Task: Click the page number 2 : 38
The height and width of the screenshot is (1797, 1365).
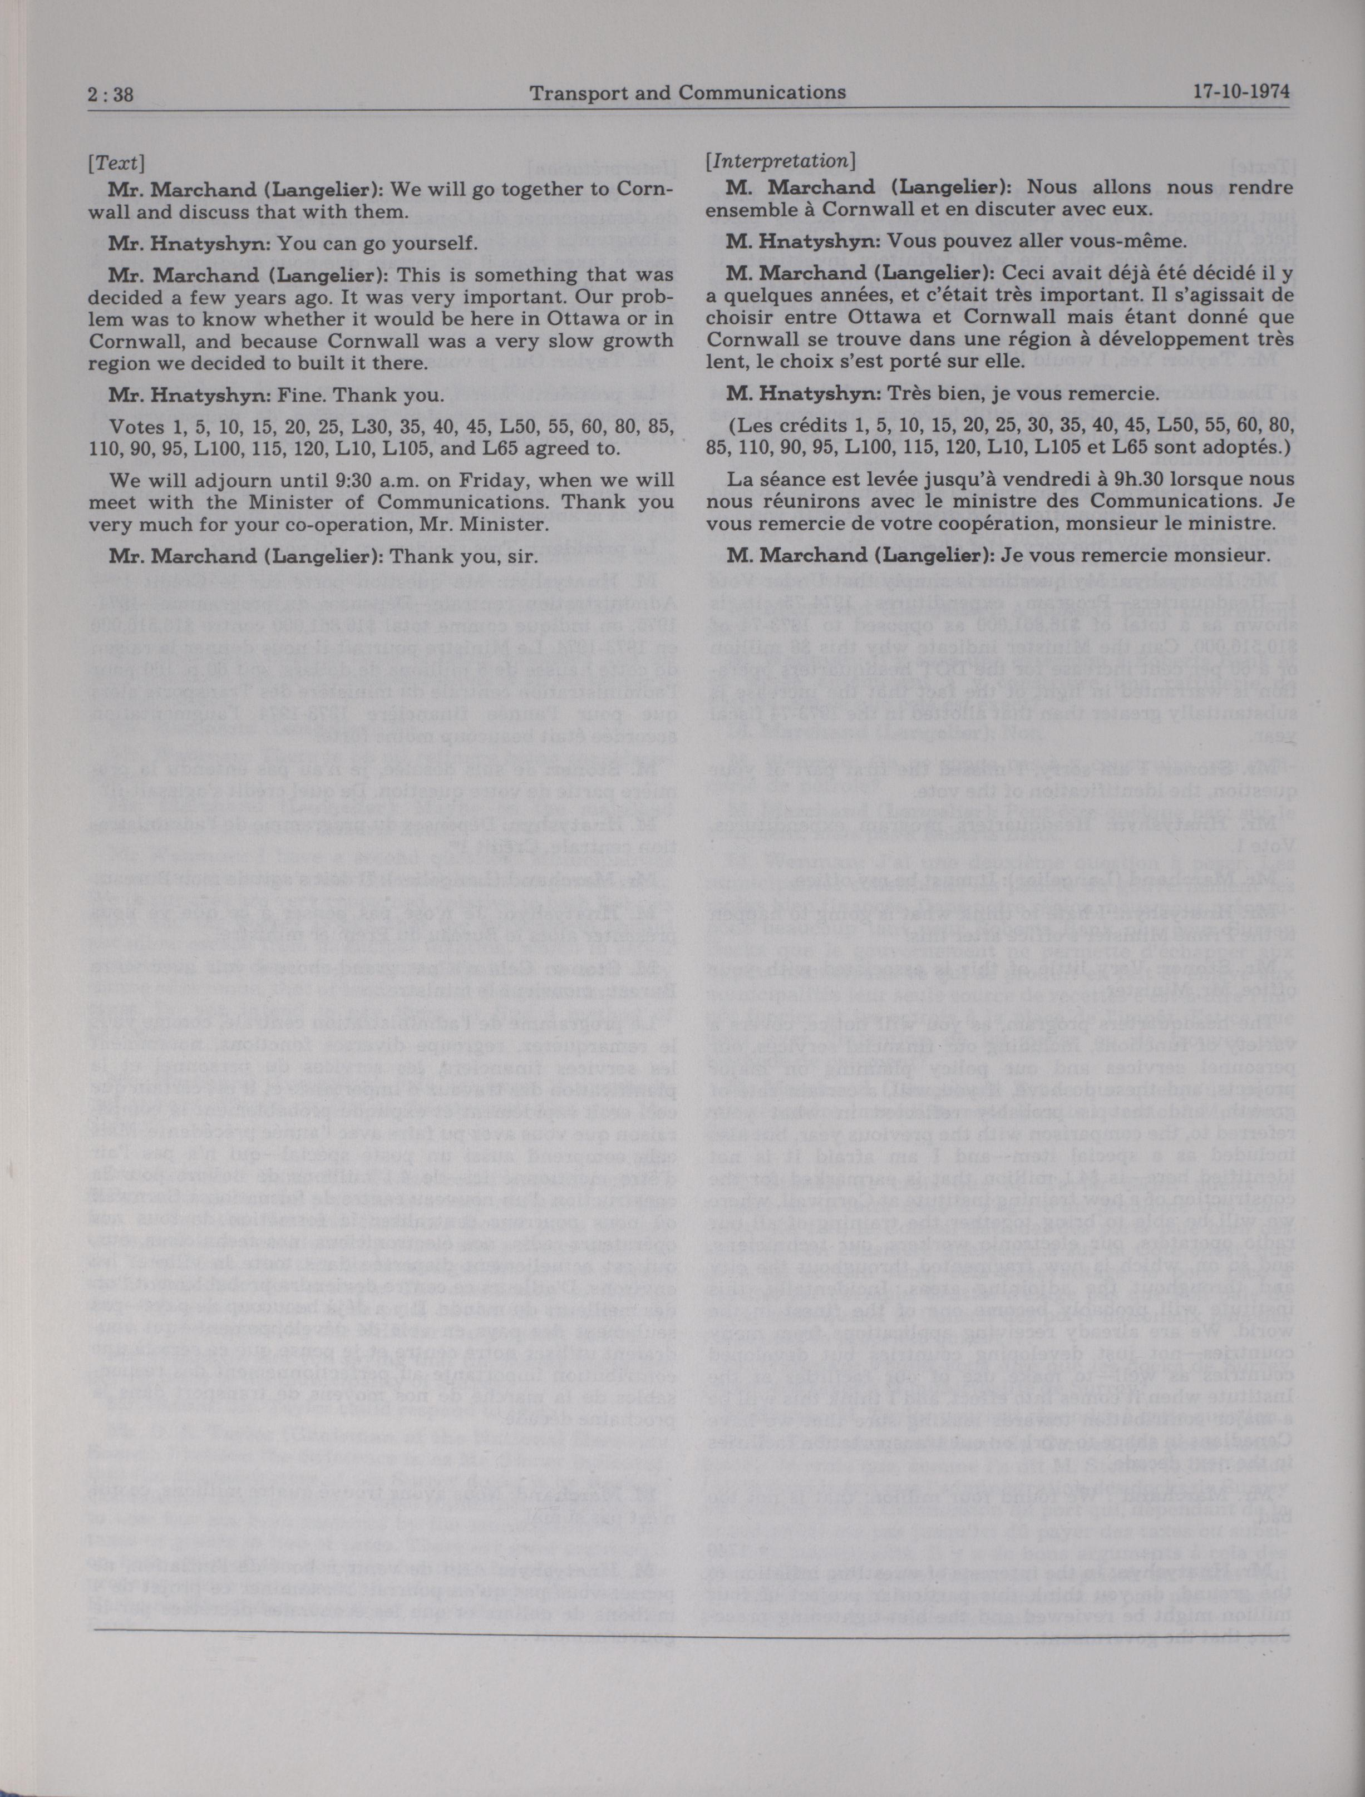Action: point(111,94)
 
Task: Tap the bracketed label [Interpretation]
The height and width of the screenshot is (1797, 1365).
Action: point(780,161)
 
